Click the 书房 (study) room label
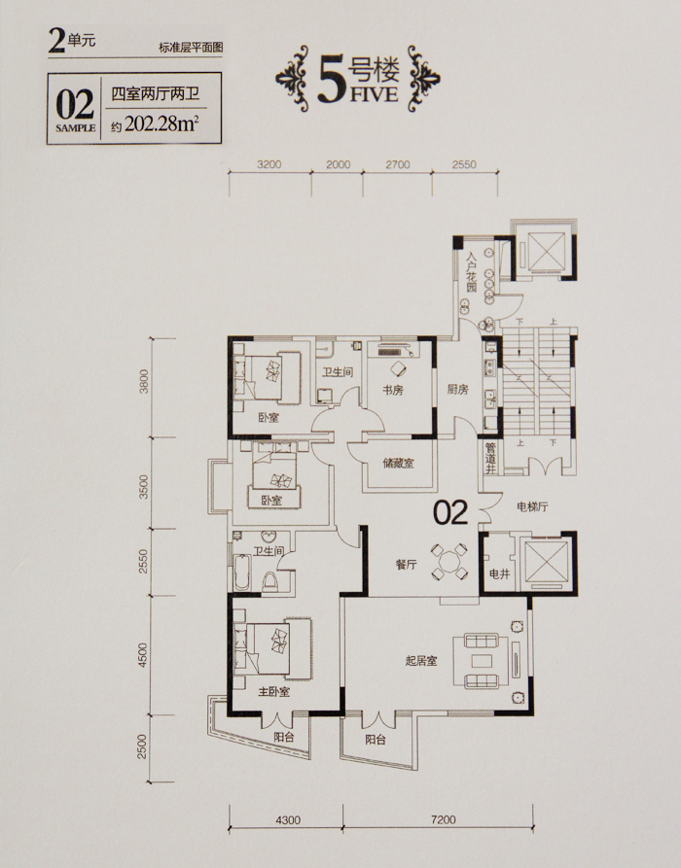point(392,390)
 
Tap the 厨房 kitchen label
point(457,389)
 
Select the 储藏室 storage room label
point(398,463)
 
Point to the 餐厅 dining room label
point(406,565)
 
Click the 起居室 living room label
point(421,660)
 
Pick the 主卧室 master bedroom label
point(273,692)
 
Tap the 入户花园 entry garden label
point(471,272)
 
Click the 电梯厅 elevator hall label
point(532,506)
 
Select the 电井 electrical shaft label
point(500,574)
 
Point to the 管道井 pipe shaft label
point(490,457)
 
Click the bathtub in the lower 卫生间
point(242,572)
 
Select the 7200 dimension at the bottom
point(443,819)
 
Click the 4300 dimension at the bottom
point(287,819)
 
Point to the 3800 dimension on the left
point(144,381)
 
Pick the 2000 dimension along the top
point(338,164)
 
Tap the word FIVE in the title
point(374,94)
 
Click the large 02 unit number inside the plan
point(450,512)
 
